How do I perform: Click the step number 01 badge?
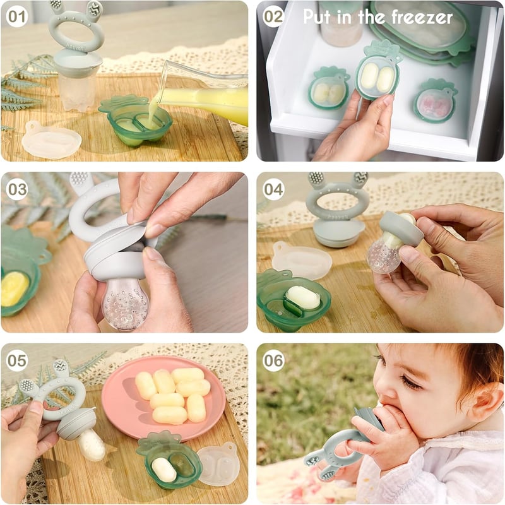[17, 16]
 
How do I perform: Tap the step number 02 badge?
[273, 16]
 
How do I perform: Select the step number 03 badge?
[17, 189]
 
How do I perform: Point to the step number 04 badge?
[273, 189]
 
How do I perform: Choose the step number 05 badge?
[17, 360]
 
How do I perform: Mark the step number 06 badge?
[273, 360]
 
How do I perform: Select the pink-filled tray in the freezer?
[435, 101]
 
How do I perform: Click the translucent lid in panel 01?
[51, 140]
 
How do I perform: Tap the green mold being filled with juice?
[135, 120]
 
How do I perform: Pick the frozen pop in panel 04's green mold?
[303, 297]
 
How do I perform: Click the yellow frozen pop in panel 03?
[15, 288]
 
